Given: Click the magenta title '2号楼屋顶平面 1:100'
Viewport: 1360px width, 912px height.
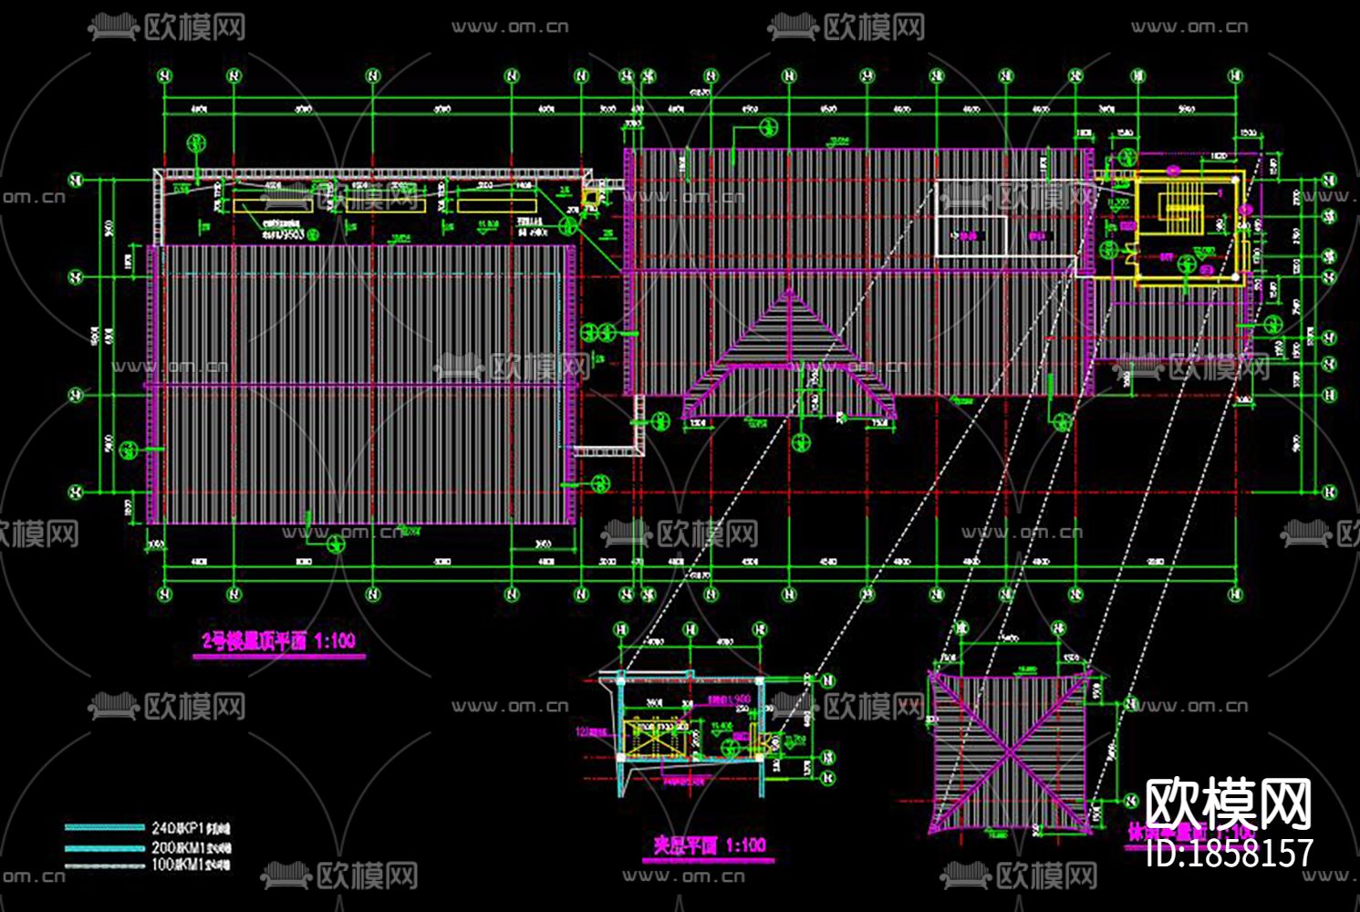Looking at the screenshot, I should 278,641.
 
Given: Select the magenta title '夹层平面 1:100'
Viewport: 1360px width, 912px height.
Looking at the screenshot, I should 710,845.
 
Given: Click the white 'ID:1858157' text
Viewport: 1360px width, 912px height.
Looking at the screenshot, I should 1229,853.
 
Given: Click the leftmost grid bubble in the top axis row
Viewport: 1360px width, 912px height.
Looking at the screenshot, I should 164,77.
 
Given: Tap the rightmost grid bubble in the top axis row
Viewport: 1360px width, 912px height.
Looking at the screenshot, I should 1237,77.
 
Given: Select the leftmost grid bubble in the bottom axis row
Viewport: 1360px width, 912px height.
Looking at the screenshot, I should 164,595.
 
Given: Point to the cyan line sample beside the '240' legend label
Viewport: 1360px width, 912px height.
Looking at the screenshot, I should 105,828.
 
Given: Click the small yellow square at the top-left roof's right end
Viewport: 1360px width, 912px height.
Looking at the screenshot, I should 591,194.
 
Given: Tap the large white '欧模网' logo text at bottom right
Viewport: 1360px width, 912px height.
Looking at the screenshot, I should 1228,804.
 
